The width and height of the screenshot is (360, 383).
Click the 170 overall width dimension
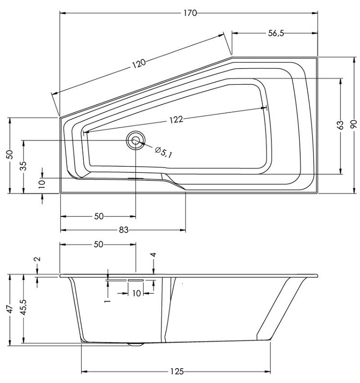pyautogui.click(x=190, y=13)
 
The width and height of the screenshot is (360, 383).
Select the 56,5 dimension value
pyautogui.click(x=276, y=33)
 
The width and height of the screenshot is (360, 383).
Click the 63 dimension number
pyautogui.click(x=340, y=125)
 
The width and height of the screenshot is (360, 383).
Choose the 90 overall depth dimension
pyautogui.click(x=354, y=125)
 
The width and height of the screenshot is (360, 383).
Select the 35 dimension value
pyautogui.click(x=23, y=166)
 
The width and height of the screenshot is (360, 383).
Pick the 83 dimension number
pyautogui.click(x=124, y=230)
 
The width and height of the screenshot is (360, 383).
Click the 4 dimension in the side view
pyautogui.click(x=153, y=256)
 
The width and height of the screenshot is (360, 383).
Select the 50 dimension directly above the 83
pyautogui.click(x=99, y=216)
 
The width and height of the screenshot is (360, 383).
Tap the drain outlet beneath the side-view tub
pyautogui.click(x=136, y=344)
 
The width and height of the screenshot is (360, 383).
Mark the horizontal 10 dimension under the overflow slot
pyautogui.click(x=136, y=293)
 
